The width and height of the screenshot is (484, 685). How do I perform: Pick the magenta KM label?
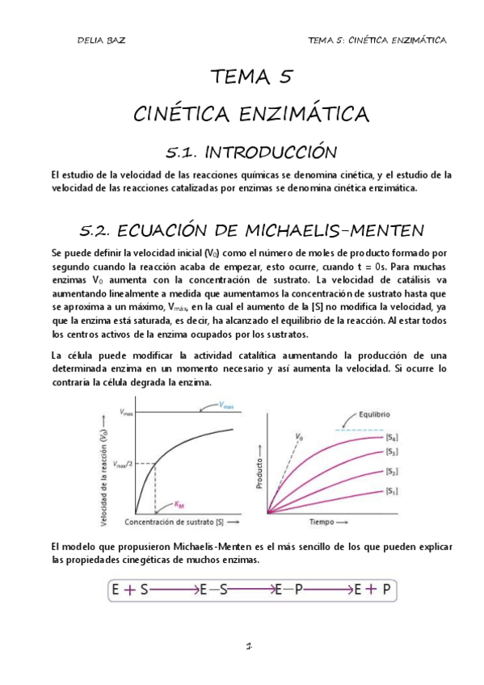(x=179, y=504)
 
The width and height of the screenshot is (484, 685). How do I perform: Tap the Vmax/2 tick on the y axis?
(x=122, y=463)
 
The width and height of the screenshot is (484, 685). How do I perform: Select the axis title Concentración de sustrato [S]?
(x=175, y=521)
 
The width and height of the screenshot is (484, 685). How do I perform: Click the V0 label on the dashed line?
(x=300, y=437)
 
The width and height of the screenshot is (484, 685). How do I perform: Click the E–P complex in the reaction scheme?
(x=288, y=590)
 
